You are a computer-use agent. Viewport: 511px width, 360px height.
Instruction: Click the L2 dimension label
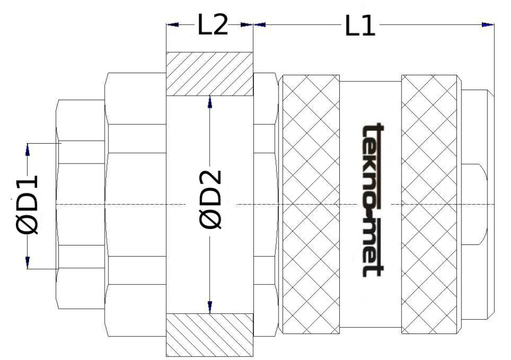click(213, 26)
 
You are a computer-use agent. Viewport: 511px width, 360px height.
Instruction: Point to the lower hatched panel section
click(210, 335)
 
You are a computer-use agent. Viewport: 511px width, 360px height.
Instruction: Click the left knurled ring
click(311, 205)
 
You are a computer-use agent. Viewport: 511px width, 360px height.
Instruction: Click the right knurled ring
click(431, 205)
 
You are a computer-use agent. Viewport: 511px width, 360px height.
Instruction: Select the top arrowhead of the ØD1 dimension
click(28, 149)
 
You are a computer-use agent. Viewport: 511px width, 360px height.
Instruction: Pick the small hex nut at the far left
click(82, 205)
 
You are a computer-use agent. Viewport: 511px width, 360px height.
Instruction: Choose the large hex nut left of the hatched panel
click(135, 205)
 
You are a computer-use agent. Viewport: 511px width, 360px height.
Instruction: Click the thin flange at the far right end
click(491, 205)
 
